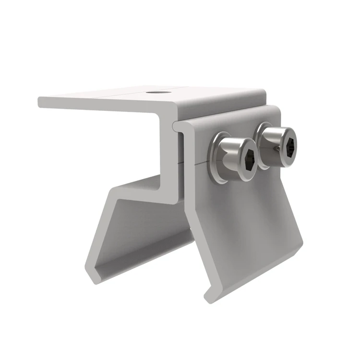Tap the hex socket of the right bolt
tap(287, 139)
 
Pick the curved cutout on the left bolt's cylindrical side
tap(228, 154)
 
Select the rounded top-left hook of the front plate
tap(178, 126)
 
